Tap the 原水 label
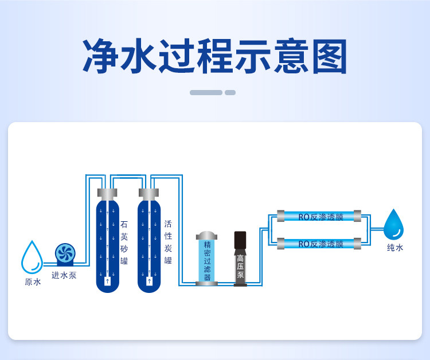33,282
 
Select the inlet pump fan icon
65,253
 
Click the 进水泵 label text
64,275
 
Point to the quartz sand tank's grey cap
107,194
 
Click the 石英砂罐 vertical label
124,242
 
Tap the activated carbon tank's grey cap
148,194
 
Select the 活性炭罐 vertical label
168,242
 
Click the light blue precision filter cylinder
207,261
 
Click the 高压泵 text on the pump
240,267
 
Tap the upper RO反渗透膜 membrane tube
319,216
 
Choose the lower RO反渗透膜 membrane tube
319,244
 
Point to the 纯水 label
395,248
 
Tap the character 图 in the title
330,56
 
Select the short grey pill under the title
230,93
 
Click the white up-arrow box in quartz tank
108,281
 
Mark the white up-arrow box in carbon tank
149,281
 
